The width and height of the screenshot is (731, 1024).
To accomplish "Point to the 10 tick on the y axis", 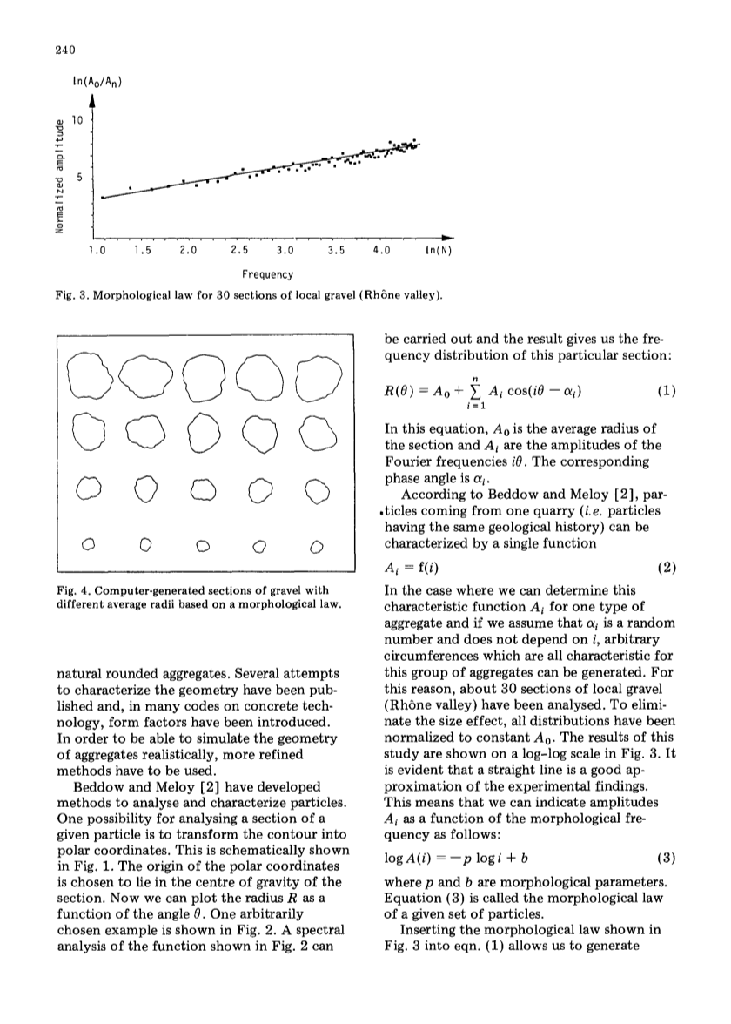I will (x=76, y=122).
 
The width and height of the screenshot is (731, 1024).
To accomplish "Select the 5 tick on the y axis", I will (x=77, y=179).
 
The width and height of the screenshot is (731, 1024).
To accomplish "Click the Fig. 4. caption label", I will (x=71, y=577).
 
